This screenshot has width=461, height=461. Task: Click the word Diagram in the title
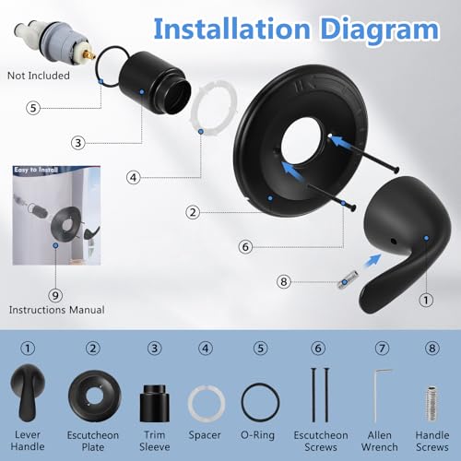pyautogui.click(x=380, y=30)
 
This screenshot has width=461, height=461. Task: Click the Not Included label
pyautogui.click(x=39, y=76)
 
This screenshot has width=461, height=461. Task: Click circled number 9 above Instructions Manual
pyautogui.click(x=55, y=295)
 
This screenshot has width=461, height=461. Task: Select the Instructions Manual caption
pyautogui.click(x=57, y=310)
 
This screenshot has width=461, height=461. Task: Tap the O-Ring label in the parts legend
pyautogui.click(x=257, y=435)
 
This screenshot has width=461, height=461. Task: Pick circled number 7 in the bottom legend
pyautogui.click(x=382, y=349)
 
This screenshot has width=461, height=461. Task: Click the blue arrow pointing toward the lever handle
pyautogui.click(x=372, y=262)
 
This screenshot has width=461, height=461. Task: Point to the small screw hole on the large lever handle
pyautogui.click(x=394, y=242)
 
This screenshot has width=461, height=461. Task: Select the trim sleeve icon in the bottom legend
pyautogui.click(x=155, y=403)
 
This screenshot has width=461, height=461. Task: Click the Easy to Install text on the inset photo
pyautogui.click(x=36, y=170)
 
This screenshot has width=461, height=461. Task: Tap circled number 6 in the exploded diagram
pyautogui.click(x=245, y=246)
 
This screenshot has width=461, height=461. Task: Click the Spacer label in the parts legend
pyautogui.click(x=205, y=435)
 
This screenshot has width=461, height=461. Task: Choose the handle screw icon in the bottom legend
pyautogui.click(x=431, y=403)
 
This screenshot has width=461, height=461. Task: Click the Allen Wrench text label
pyautogui.click(x=380, y=441)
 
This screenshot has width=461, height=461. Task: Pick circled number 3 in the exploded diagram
pyautogui.click(x=78, y=143)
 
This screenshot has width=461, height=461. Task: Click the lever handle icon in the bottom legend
pyautogui.click(x=27, y=393)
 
